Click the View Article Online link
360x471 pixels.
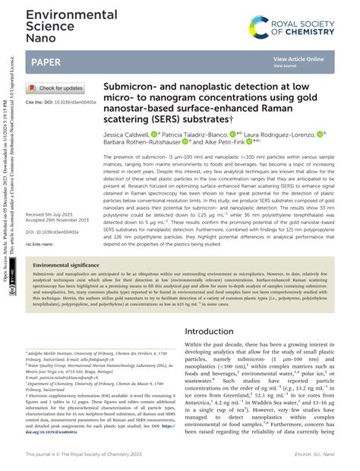[298, 58]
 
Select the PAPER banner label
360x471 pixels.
[46, 62]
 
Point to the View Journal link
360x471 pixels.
[285, 66]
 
